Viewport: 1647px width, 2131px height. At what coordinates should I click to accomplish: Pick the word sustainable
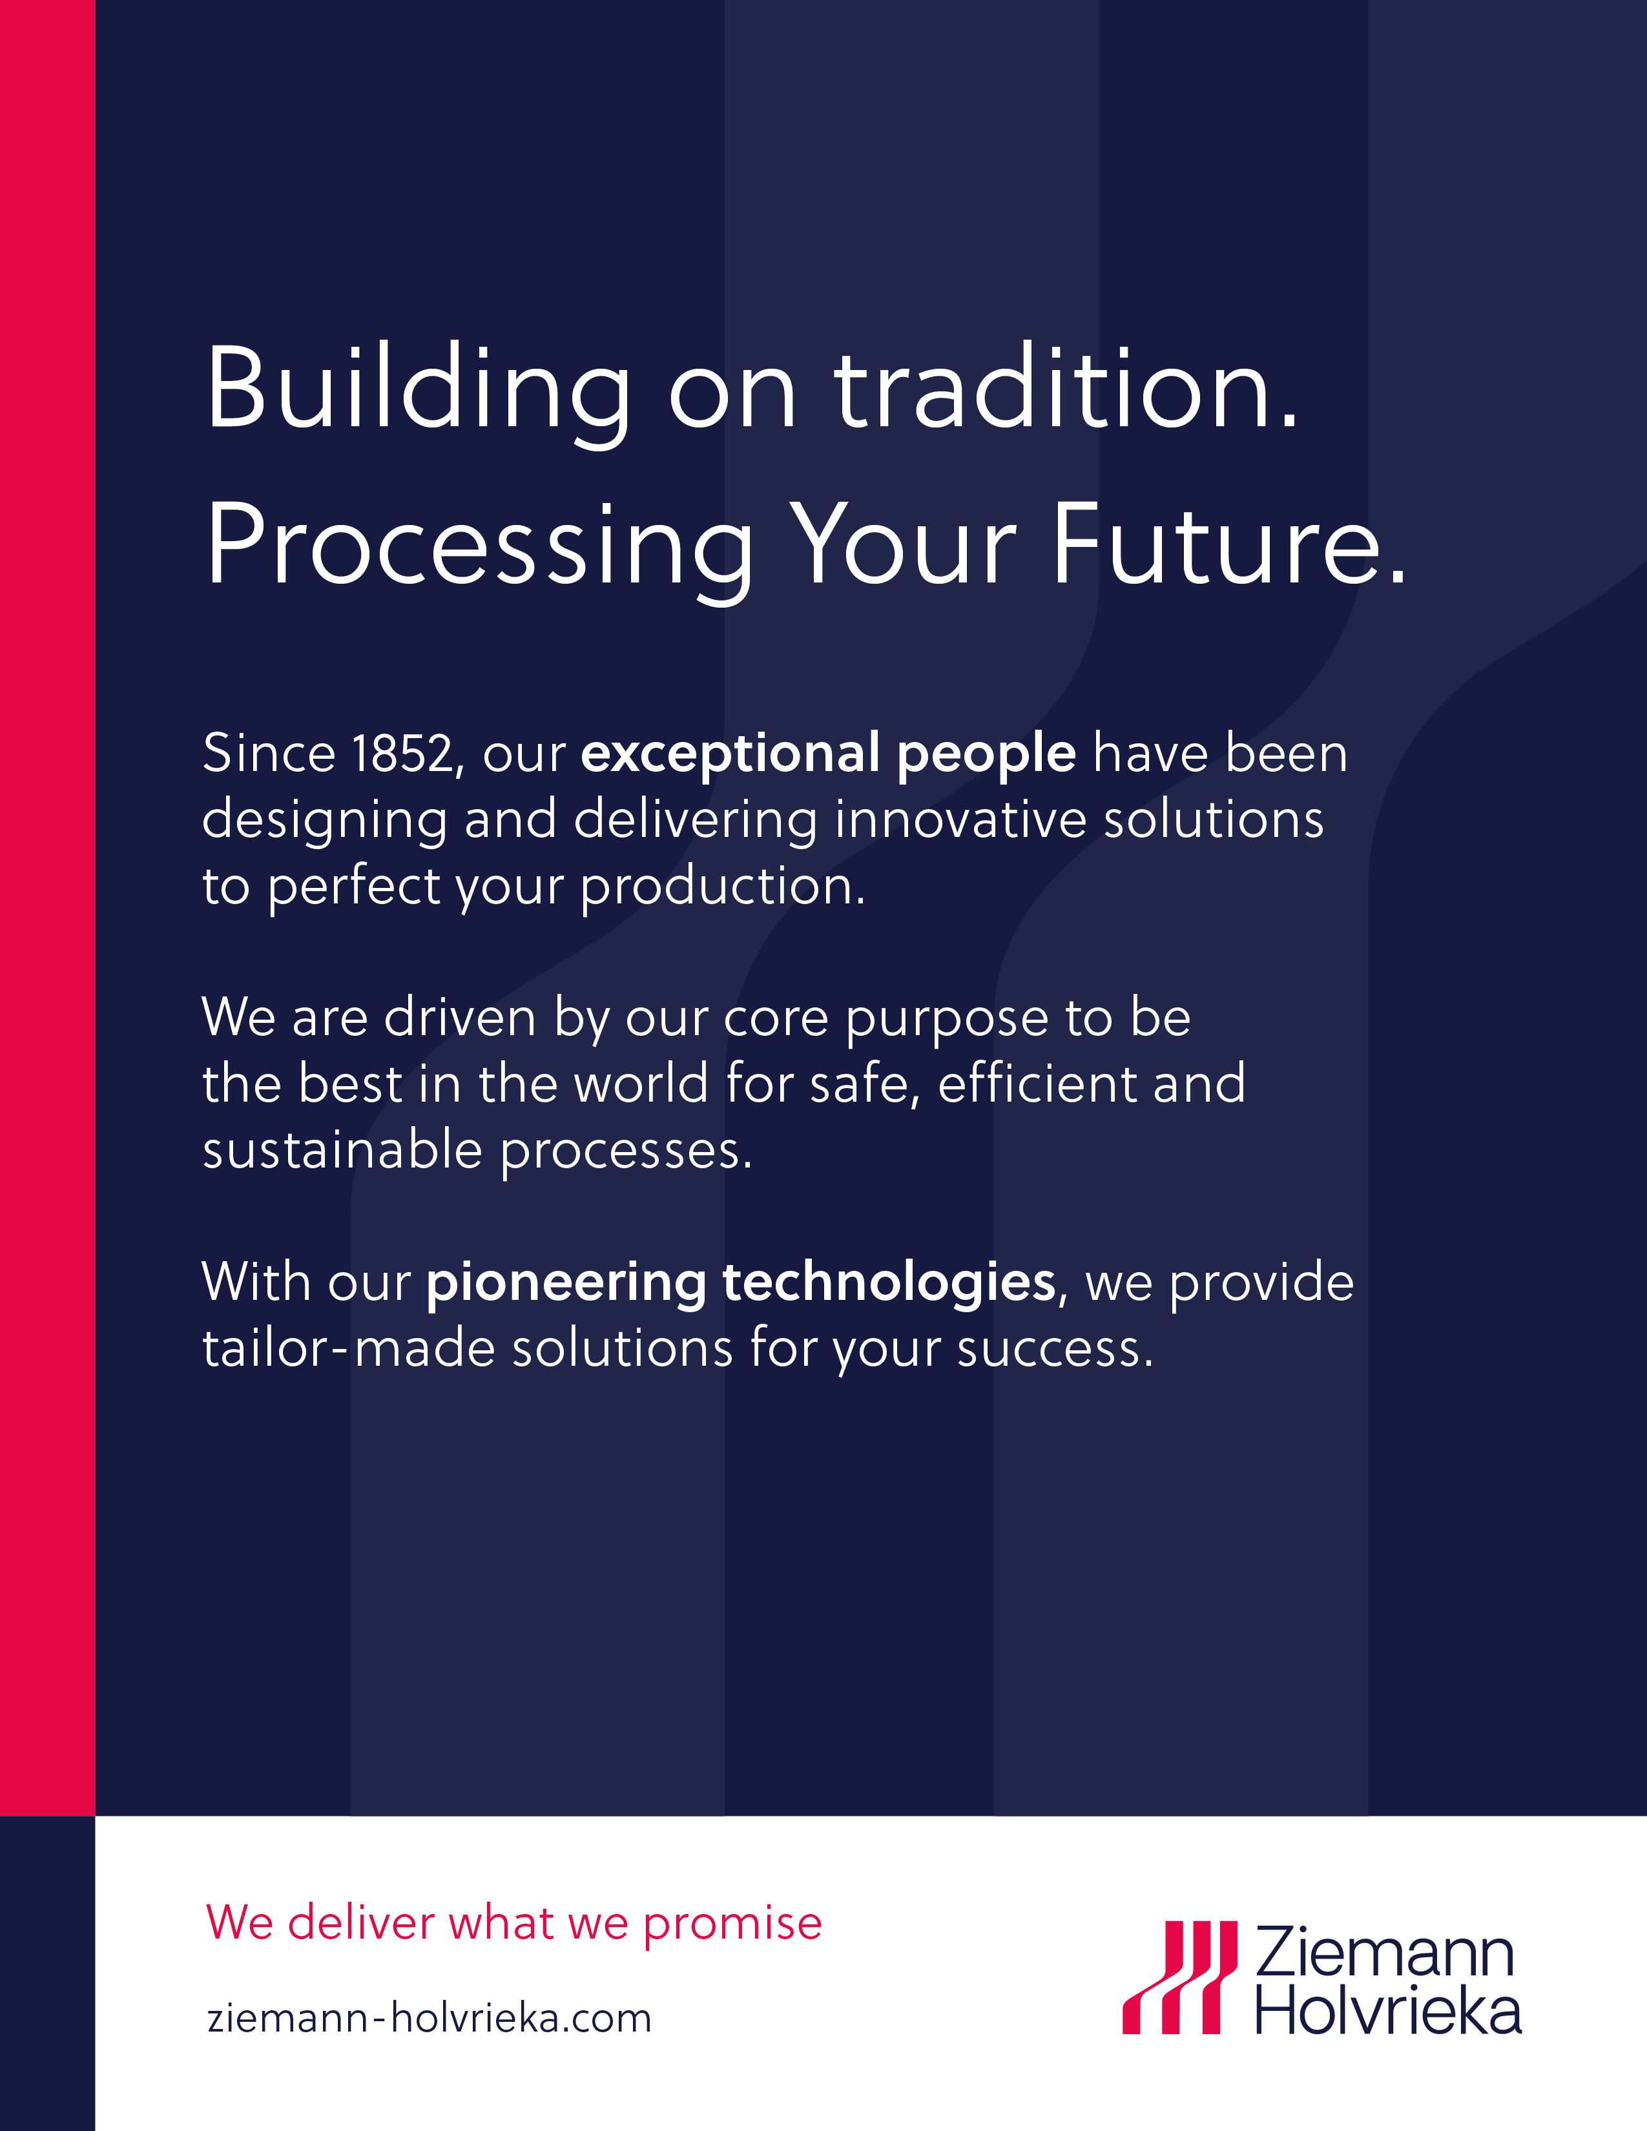pos(342,1149)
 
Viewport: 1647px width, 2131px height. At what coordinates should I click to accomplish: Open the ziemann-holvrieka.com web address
pos(430,2018)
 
